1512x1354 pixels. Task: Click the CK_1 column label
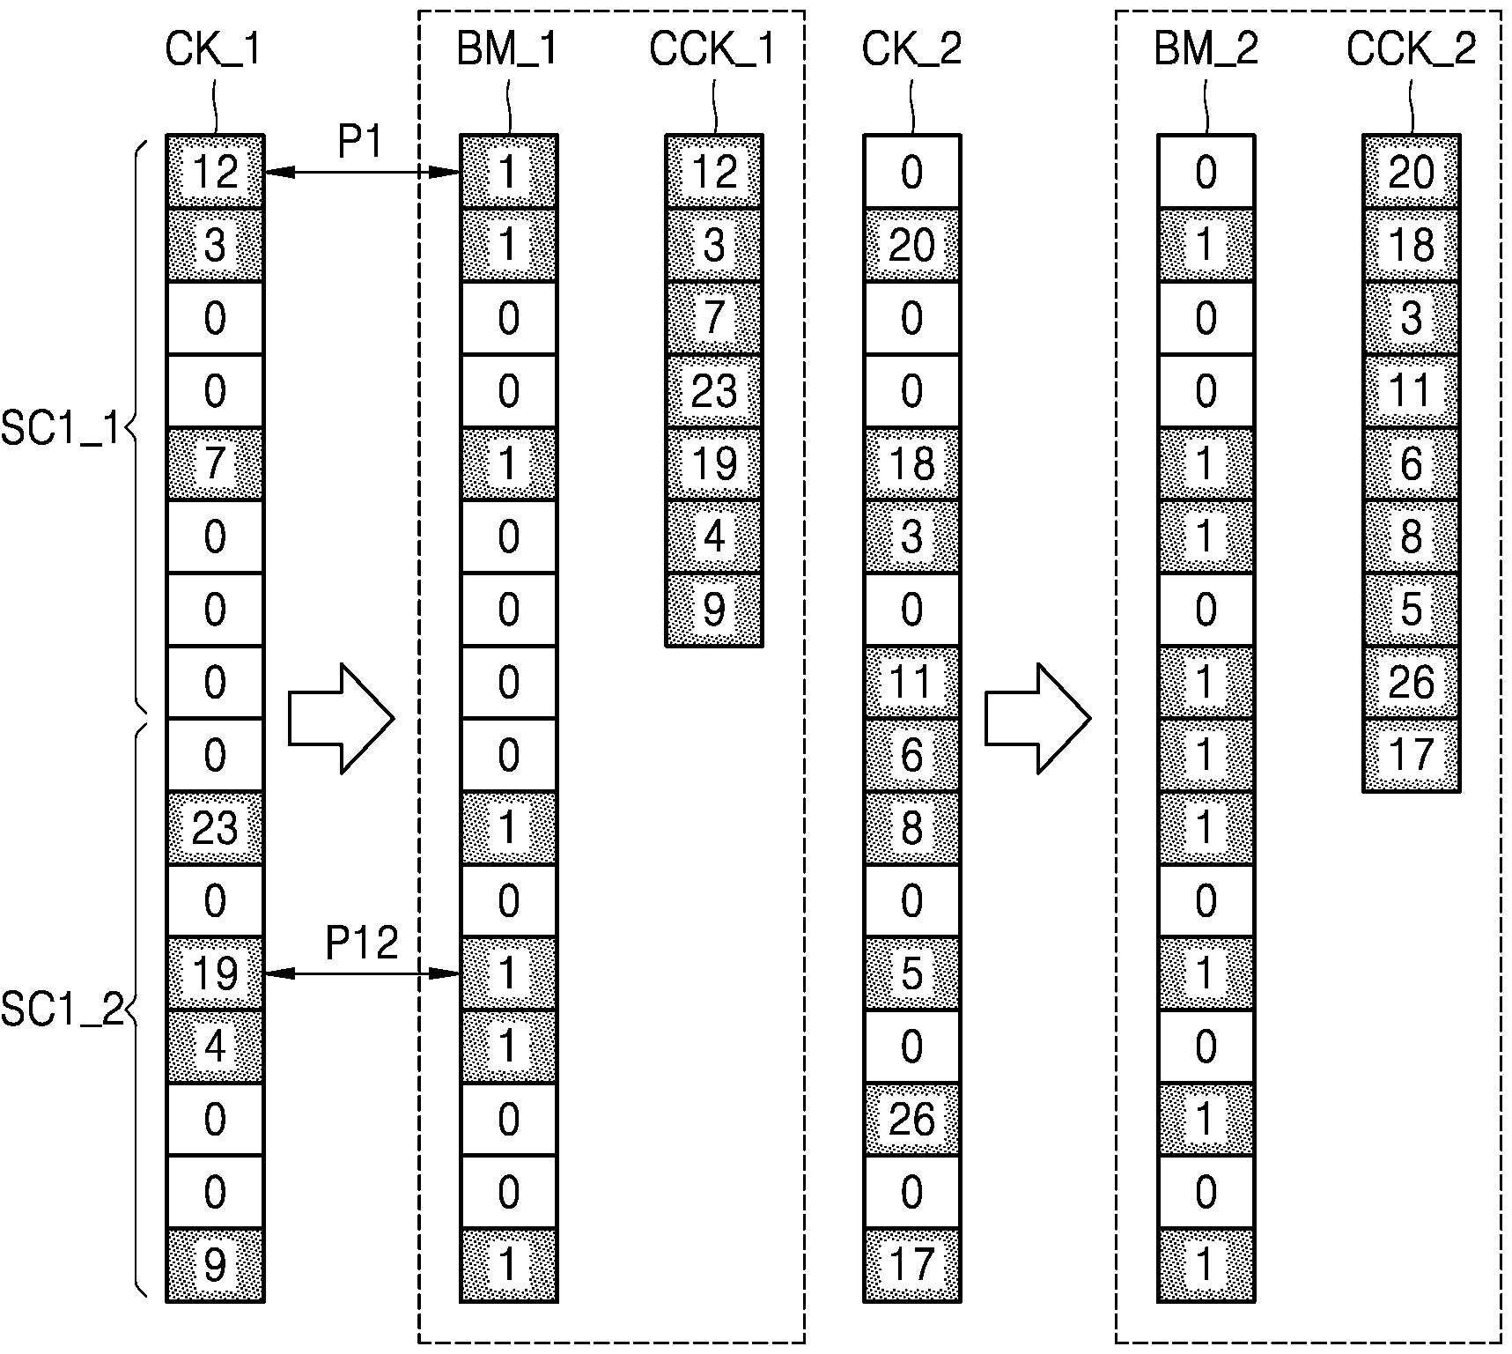213,49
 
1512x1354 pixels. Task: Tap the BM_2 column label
1206,49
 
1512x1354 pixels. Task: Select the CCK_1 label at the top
712,49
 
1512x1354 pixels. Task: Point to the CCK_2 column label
1411,49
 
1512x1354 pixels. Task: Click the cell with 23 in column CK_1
215,828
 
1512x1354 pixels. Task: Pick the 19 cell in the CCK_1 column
714,463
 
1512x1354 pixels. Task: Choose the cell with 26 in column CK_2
912,1120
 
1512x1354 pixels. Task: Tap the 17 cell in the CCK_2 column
1412,755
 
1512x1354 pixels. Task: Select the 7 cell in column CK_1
215,463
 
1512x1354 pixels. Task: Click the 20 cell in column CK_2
912,245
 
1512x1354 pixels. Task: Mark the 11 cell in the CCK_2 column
1412,390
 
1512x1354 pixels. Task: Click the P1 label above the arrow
360,141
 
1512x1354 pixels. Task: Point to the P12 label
362,943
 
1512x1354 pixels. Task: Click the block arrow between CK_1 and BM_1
342,719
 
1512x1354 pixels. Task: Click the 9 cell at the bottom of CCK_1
714,610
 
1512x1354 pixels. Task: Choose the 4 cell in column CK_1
215,1047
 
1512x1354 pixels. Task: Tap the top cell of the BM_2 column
1206,172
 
